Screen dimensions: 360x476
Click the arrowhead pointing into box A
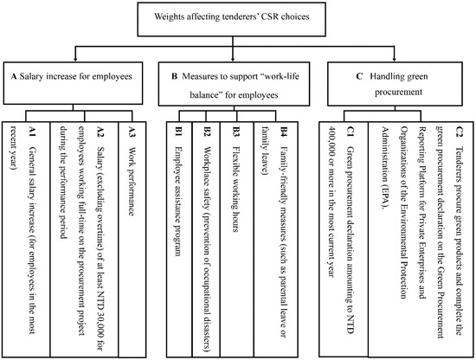pyautogui.click(x=77, y=61)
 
